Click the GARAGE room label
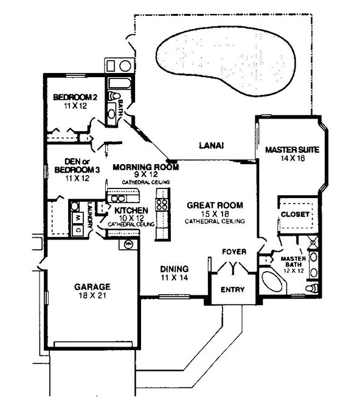point(92,287)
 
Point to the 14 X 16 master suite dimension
point(292,159)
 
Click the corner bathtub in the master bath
point(272,283)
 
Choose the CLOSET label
point(295,215)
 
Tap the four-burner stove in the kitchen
point(162,204)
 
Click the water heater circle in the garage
point(128,244)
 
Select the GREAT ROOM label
point(215,205)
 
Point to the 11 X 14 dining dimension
point(175,278)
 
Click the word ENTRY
point(232,289)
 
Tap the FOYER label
point(234,252)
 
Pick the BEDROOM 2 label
point(75,97)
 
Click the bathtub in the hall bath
point(120,83)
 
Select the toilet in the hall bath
point(114,96)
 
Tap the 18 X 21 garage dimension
point(92,295)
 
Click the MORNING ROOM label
point(146,167)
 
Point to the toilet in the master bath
point(311,288)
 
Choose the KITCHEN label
point(131,210)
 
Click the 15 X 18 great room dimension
point(215,214)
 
